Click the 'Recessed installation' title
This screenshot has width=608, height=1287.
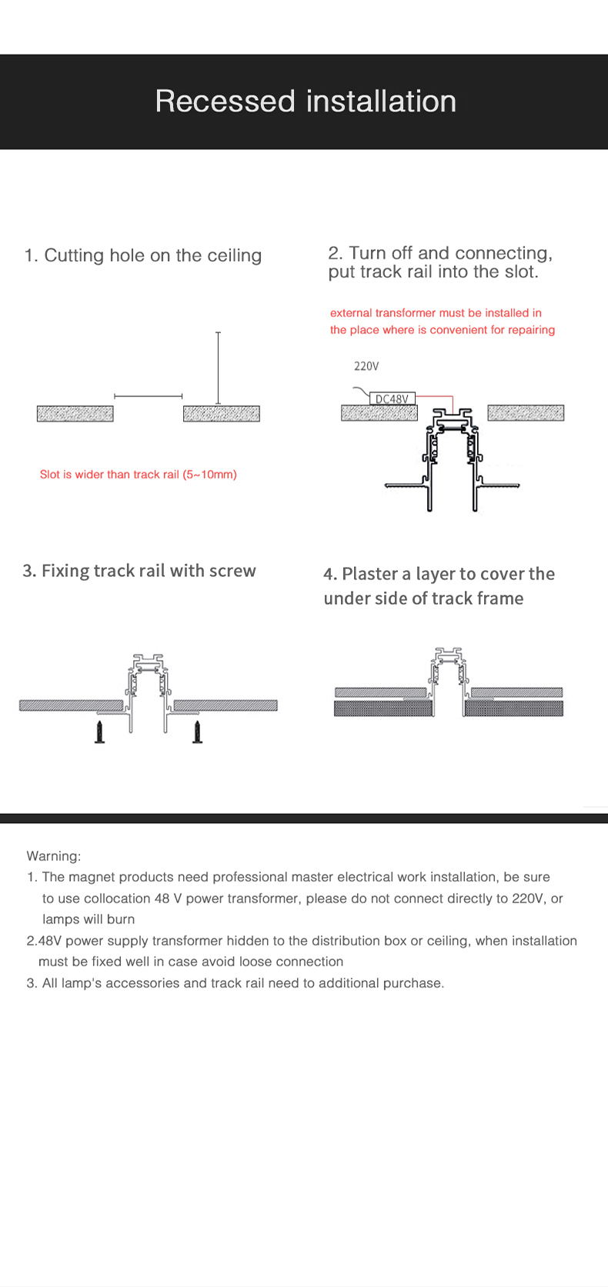pos(306,102)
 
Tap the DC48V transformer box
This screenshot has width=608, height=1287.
pos(393,398)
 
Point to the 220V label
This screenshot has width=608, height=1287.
pos(366,366)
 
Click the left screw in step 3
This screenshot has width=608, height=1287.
pos(99,732)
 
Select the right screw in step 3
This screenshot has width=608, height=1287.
pos(198,732)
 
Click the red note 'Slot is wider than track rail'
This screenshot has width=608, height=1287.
pos(139,475)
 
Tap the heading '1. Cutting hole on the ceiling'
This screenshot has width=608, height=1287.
pos(143,255)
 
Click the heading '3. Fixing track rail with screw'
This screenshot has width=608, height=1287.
pos(139,571)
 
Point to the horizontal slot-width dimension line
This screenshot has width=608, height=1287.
pos(148,395)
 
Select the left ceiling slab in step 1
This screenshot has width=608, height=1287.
pos(75,414)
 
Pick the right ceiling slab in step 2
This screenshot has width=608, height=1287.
pos(526,413)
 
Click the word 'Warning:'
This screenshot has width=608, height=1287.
pos(54,856)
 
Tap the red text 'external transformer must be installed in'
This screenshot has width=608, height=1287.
pos(436,313)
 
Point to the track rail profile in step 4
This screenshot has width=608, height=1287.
pos(447,677)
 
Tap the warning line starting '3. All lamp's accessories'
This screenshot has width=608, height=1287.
pos(236,983)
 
